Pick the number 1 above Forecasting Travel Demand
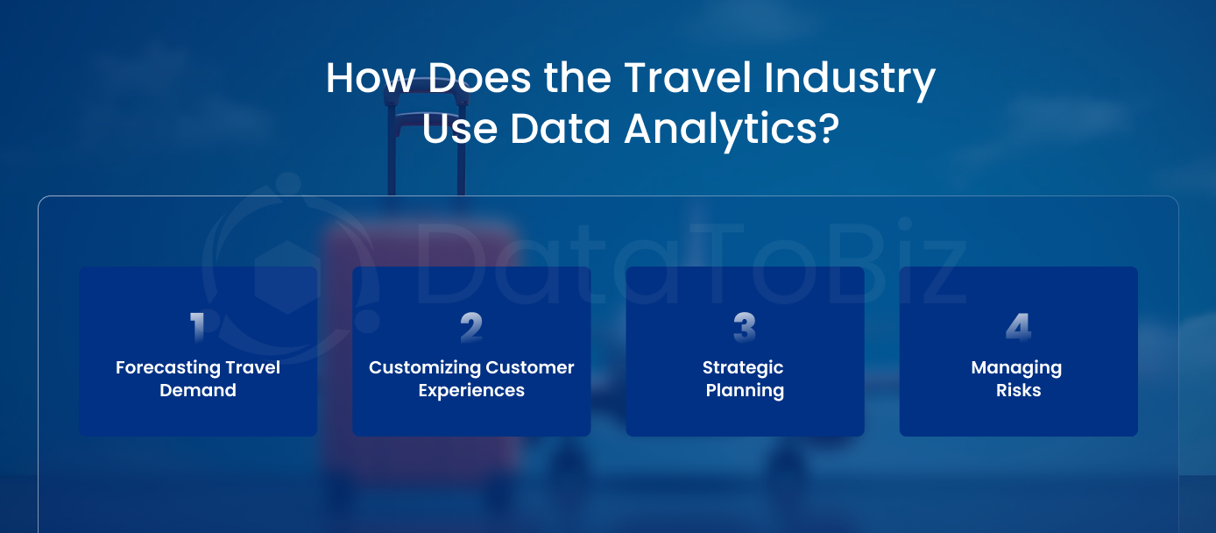pyautogui.click(x=198, y=328)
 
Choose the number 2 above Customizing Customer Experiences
pyautogui.click(x=471, y=328)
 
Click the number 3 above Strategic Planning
pyautogui.click(x=745, y=328)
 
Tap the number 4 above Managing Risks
pyautogui.click(x=1018, y=328)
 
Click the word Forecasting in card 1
pyautogui.click(x=166, y=367)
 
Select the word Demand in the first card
pyautogui.click(x=198, y=391)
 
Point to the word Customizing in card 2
pyautogui.click(x=424, y=367)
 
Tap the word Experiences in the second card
pyautogui.click(x=471, y=391)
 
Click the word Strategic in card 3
pyautogui.click(x=743, y=367)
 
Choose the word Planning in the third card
pyautogui.click(x=745, y=391)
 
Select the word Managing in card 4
pyautogui.click(x=1016, y=367)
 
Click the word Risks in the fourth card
pyautogui.click(x=1018, y=391)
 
